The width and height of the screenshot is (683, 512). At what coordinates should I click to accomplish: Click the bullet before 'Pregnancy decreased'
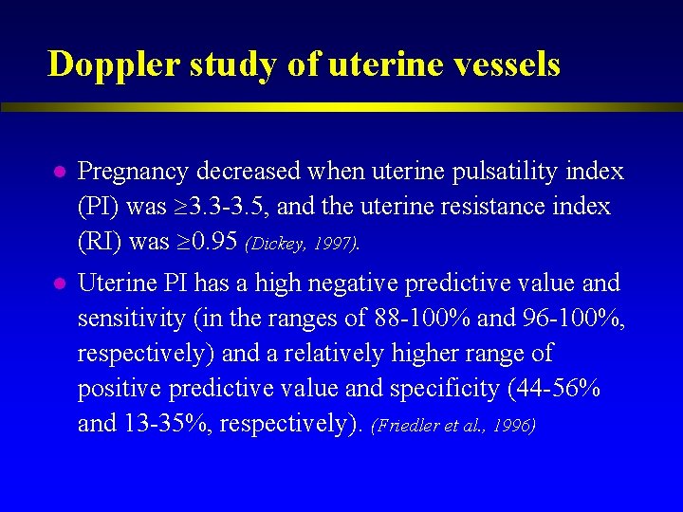point(58,173)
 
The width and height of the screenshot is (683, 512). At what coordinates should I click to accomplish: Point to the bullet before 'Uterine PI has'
point(58,283)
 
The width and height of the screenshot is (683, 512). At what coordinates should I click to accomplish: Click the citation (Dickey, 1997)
point(303,245)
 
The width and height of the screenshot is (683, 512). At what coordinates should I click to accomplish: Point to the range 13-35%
point(167,424)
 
